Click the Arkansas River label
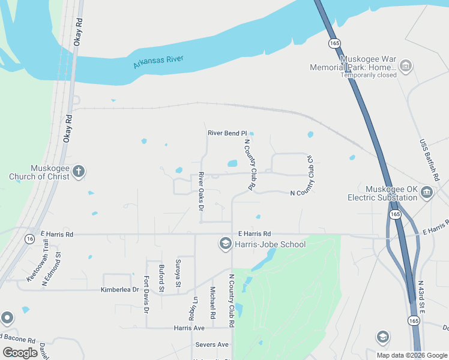[x=158, y=62]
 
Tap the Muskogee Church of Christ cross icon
[x=78, y=172]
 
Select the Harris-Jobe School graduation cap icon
[x=225, y=243]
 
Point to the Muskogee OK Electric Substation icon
[x=427, y=192]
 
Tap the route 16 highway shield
[x=29, y=239]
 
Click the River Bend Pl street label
[x=227, y=133]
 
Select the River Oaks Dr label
[x=202, y=191]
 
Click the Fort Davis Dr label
[x=146, y=294]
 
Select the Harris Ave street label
[x=189, y=328]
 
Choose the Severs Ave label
[x=212, y=345]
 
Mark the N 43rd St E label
[x=422, y=298]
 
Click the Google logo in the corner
[x=20, y=353]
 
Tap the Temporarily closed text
[x=369, y=76]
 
